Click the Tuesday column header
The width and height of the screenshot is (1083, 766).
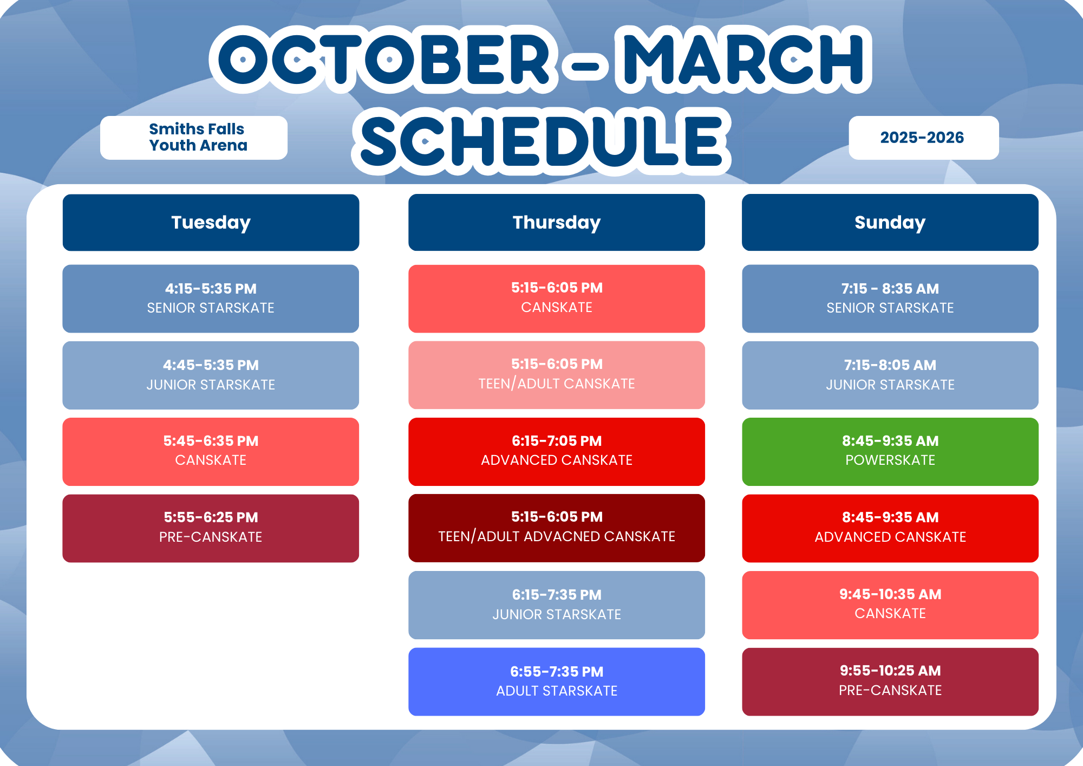click(211, 222)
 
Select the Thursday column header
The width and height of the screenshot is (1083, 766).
click(557, 222)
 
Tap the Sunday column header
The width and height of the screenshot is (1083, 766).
click(890, 222)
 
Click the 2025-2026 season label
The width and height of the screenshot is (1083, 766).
click(924, 138)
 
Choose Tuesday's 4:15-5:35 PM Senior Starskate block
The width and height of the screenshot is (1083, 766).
click(211, 298)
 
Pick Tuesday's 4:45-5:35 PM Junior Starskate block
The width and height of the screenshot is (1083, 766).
click(211, 375)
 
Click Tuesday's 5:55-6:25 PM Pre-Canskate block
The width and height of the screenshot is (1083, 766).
click(211, 528)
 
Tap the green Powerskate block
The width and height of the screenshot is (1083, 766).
click(890, 452)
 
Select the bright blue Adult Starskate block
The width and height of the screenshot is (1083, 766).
click(557, 681)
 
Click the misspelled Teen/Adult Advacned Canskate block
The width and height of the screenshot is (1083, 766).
click(557, 528)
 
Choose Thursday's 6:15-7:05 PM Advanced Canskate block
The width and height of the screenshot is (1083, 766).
click(557, 452)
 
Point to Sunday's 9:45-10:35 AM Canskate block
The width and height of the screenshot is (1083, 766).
click(890, 605)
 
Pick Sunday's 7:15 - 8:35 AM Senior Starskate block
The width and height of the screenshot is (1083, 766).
click(890, 298)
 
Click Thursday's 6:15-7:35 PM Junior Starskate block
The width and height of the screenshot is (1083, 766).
click(557, 605)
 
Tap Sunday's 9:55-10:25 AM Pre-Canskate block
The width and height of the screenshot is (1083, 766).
click(890, 681)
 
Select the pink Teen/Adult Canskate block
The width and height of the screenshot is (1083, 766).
click(557, 375)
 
